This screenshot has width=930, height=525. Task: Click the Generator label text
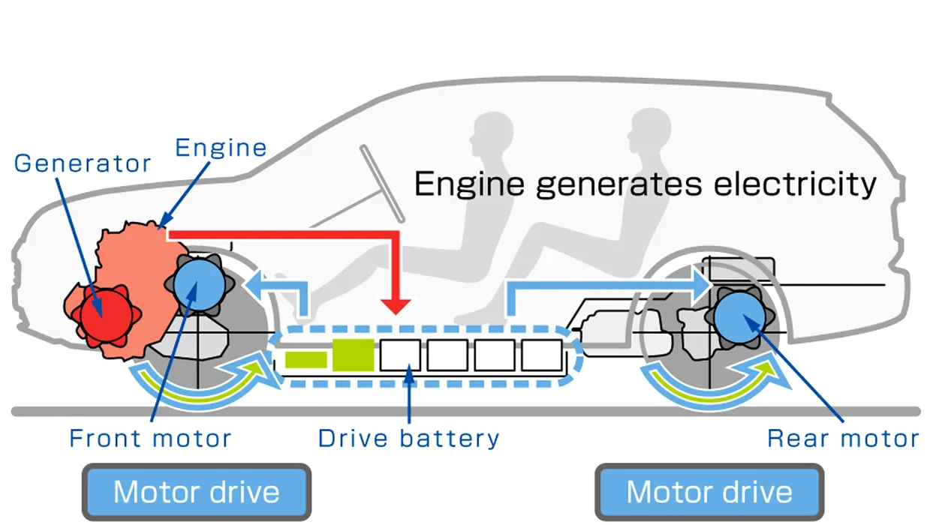[83, 163]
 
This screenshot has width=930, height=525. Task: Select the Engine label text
[221, 147]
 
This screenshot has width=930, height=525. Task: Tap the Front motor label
[150, 438]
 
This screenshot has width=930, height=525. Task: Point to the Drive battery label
[408, 438]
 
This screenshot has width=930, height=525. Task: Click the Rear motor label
[843, 438]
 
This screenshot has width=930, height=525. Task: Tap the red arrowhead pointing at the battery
[395, 304]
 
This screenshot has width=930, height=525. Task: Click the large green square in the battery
[353, 355]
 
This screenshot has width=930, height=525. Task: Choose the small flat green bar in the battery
[305, 360]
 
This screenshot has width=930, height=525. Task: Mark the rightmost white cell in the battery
[541, 355]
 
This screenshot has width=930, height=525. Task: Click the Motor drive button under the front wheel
[196, 492]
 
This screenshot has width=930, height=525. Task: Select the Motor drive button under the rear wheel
[709, 492]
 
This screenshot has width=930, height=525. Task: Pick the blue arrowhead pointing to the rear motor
[701, 284]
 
